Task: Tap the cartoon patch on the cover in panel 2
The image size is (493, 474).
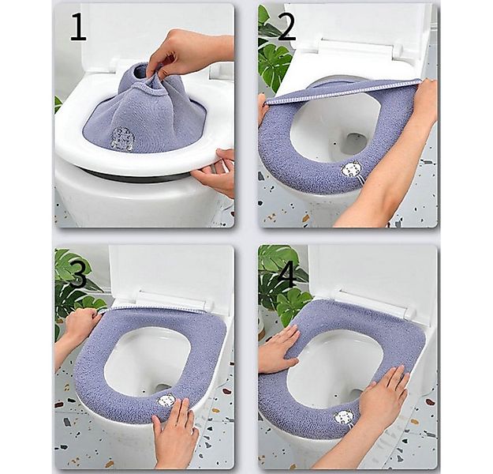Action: pyautogui.click(x=350, y=171)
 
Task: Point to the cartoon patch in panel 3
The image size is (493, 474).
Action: pyautogui.click(x=166, y=401)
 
